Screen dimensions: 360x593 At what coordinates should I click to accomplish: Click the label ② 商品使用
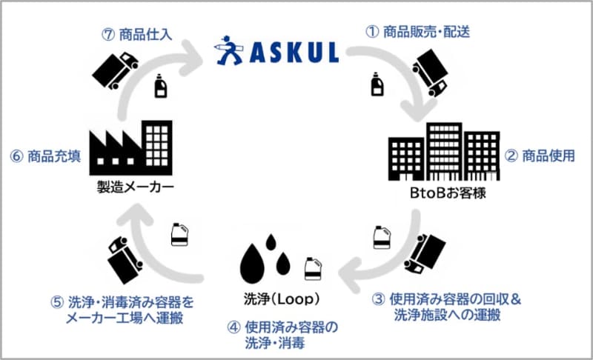539,156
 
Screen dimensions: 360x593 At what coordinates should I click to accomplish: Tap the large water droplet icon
254,259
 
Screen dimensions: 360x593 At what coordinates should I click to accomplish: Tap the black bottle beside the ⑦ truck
159,86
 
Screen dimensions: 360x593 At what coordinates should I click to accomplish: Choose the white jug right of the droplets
313,268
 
